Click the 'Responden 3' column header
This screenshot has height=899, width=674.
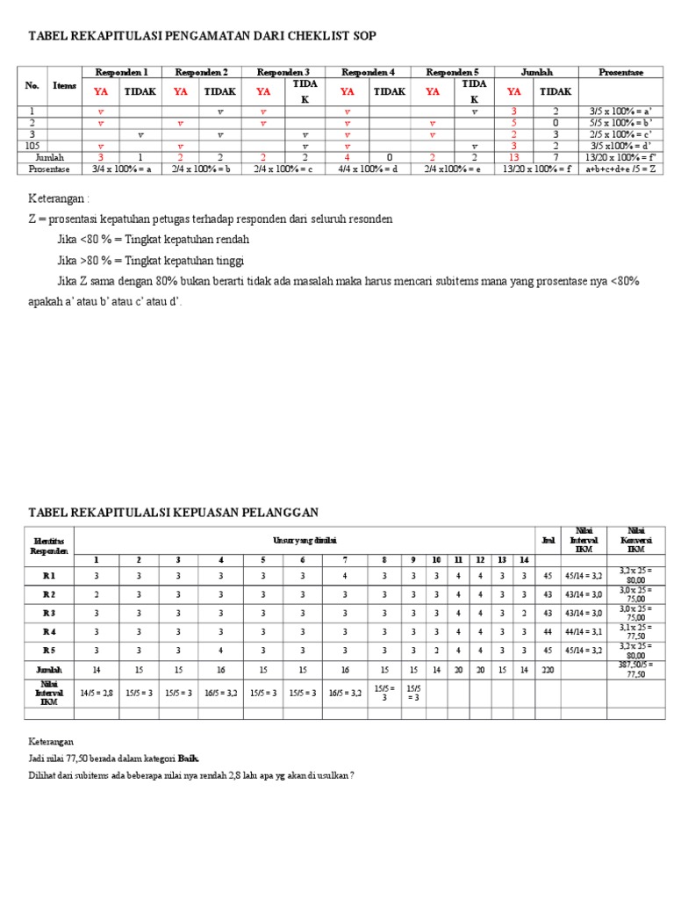click(283, 72)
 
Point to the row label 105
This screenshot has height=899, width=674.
click(32, 146)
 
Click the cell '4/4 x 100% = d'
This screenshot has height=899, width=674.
click(368, 169)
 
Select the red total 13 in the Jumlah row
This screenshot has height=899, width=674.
click(514, 158)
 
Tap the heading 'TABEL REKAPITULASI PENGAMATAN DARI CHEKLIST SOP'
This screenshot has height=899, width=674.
click(203, 35)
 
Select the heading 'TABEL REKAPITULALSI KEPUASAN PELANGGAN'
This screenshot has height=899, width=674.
click(174, 512)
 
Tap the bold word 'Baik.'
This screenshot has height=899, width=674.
click(189, 757)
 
